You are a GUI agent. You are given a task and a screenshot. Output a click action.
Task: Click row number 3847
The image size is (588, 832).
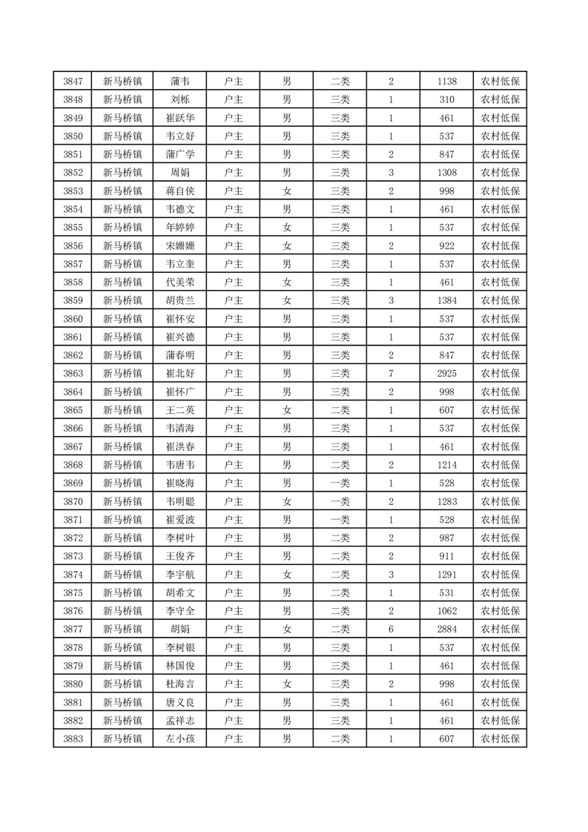[x=73, y=82]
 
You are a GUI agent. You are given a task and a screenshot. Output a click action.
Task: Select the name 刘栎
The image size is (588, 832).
[x=180, y=100]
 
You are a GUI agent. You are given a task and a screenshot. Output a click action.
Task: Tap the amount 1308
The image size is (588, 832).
[x=446, y=173]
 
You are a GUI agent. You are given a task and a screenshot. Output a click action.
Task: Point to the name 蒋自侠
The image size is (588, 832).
[x=180, y=191]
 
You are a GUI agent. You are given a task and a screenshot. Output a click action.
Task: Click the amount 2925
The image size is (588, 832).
[x=446, y=374]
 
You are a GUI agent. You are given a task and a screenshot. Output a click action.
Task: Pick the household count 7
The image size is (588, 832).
[x=391, y=374]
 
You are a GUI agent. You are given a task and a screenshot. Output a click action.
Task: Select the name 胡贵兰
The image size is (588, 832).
[x=180, y=301]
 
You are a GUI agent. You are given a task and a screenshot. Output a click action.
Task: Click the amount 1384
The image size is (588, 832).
[x=446, y=301]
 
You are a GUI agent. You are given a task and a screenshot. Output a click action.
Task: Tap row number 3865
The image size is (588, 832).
[x=73, y=410]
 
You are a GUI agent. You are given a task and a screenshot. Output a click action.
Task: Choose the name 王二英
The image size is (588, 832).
[x=180, y=410]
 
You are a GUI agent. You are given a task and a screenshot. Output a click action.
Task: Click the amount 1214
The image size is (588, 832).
[x=446, y=465]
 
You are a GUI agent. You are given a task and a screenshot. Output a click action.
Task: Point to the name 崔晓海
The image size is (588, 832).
[x=180, y=483]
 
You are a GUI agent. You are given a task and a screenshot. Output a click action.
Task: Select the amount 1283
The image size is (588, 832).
[x=446, y=501]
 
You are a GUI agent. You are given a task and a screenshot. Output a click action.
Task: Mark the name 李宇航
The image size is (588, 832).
[x=180, y=575]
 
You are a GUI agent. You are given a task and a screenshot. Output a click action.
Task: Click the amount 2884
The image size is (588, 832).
[x=446, y=630]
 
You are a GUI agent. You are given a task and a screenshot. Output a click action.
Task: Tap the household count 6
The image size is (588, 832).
[x=391, y=630]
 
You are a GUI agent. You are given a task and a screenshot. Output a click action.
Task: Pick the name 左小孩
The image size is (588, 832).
[x=180, y=739]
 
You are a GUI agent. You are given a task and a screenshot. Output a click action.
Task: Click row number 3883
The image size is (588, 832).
[x=73, y=739]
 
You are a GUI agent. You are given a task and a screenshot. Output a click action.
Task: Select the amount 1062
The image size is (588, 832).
[x=446, y=611]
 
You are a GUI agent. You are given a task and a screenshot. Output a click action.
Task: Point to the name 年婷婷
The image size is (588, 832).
[x=180, y=228]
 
